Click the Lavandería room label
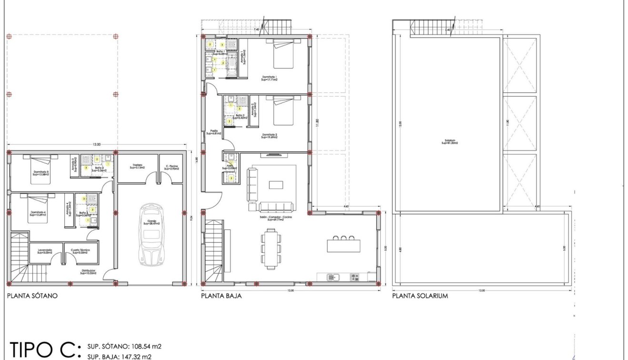point(41,251)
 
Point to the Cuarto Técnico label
point(78,251)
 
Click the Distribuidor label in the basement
point(89,272)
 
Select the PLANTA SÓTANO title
point(32,296)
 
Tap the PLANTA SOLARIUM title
point(420,296)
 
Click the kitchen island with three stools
point(342,245)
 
